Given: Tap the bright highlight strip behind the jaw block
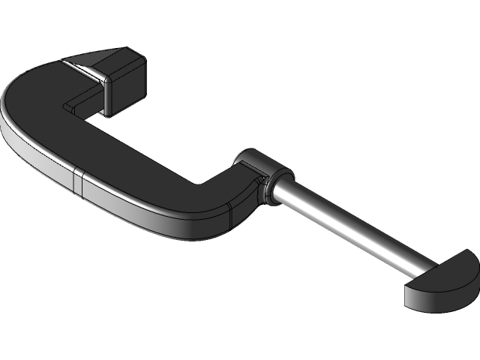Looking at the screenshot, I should point(83,70).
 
